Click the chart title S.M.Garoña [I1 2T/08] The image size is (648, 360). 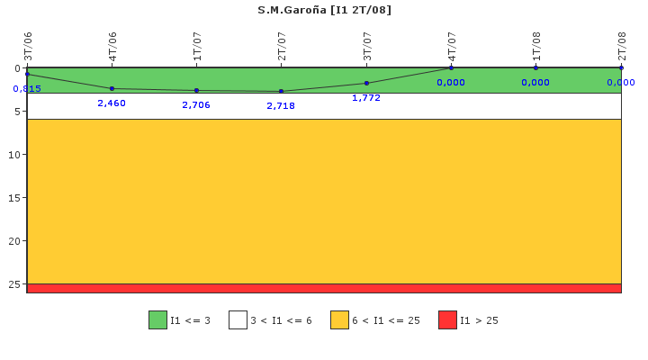coord(324,10)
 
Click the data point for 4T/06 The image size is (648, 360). coord(112,88)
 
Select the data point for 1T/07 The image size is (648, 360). coord(196,90)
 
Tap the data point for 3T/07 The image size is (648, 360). coord(366,83)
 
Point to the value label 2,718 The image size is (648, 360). coord(281,106)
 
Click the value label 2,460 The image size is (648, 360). coord(112,103)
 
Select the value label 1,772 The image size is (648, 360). coord(366,98)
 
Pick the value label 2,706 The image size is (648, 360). coord(196,105)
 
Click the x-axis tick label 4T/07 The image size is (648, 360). coord(452,46)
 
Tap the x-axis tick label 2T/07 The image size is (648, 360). coord(282,46)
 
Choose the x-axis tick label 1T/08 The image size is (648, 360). coord(536,46)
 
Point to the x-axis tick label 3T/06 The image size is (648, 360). coord(27,46)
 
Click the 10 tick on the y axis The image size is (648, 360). coord(15,155)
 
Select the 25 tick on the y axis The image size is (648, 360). coord(15,284)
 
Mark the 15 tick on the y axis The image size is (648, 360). coord(15,198)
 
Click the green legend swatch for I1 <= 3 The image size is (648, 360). coord(157,319)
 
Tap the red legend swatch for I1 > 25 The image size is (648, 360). coord(447,319)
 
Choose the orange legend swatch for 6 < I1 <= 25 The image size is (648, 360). coord(339,319)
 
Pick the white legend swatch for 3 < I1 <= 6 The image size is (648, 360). coord(238,319)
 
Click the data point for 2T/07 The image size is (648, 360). coord(281,91)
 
